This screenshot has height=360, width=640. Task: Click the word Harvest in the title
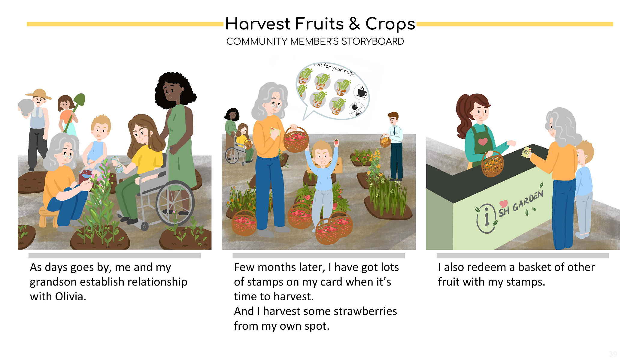[258, 24]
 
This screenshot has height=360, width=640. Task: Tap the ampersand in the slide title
[354, 24]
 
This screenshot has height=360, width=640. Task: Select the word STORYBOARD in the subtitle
[373, 41]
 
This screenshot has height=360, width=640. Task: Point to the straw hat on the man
[39, 94]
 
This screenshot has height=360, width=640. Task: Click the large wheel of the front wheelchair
[175, 203]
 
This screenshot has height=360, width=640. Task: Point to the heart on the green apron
[483, 141]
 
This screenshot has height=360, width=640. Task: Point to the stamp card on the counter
[526, 152]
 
